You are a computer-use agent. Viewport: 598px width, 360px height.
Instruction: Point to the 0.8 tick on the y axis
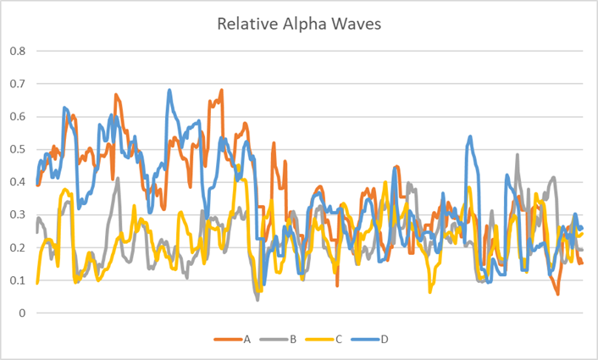point(18,51)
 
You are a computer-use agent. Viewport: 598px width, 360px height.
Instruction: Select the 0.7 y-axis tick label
point(18,84)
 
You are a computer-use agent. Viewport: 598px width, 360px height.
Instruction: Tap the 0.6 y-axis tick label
point(18,117)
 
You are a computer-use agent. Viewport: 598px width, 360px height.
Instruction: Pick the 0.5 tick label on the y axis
point(18,149)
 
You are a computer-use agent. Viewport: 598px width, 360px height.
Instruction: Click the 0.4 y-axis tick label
point(18,182)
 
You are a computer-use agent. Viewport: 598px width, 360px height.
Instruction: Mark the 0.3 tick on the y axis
point(18,215)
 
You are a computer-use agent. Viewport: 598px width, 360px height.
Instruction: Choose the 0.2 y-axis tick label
point(18,248)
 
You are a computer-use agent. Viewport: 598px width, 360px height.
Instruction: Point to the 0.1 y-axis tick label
point(18,280)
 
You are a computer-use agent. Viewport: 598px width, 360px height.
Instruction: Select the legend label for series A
point(246,340)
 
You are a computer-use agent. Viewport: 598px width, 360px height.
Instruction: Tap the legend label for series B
point(292,340)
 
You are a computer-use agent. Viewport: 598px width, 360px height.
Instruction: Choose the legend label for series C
point(338,340)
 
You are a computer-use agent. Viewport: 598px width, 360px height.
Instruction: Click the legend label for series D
point(384,340)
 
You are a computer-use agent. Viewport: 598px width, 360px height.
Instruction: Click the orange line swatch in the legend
point(228,340)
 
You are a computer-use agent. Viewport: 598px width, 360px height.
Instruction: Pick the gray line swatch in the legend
point(274,340)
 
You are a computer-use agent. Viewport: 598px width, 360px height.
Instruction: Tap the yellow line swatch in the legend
point(319,340)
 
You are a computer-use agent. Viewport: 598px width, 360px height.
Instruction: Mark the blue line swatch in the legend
point(365,340)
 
